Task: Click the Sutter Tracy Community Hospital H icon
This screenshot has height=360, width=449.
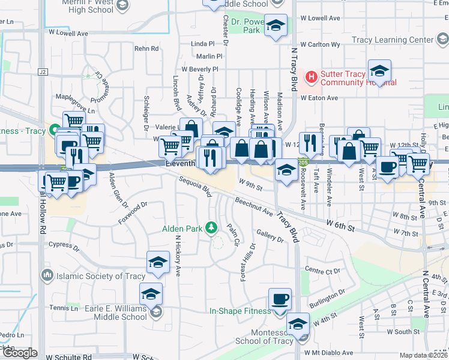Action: (312, 77)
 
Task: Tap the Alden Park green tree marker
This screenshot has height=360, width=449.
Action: (211, 228)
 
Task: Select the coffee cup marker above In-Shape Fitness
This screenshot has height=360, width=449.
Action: (280, 299)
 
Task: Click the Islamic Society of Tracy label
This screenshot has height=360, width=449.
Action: (100, 276)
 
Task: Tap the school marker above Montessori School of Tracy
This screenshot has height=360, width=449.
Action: (298, 324)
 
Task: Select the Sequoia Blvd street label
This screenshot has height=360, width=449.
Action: (195, 187)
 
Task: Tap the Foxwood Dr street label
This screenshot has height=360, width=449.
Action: (133, 213)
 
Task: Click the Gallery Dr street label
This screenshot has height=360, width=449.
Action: (270, 236)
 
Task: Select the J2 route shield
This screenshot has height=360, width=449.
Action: (42, 72)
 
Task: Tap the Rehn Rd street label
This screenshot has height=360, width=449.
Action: (146, 49)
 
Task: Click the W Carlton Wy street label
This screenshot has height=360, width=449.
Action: (321, 44)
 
